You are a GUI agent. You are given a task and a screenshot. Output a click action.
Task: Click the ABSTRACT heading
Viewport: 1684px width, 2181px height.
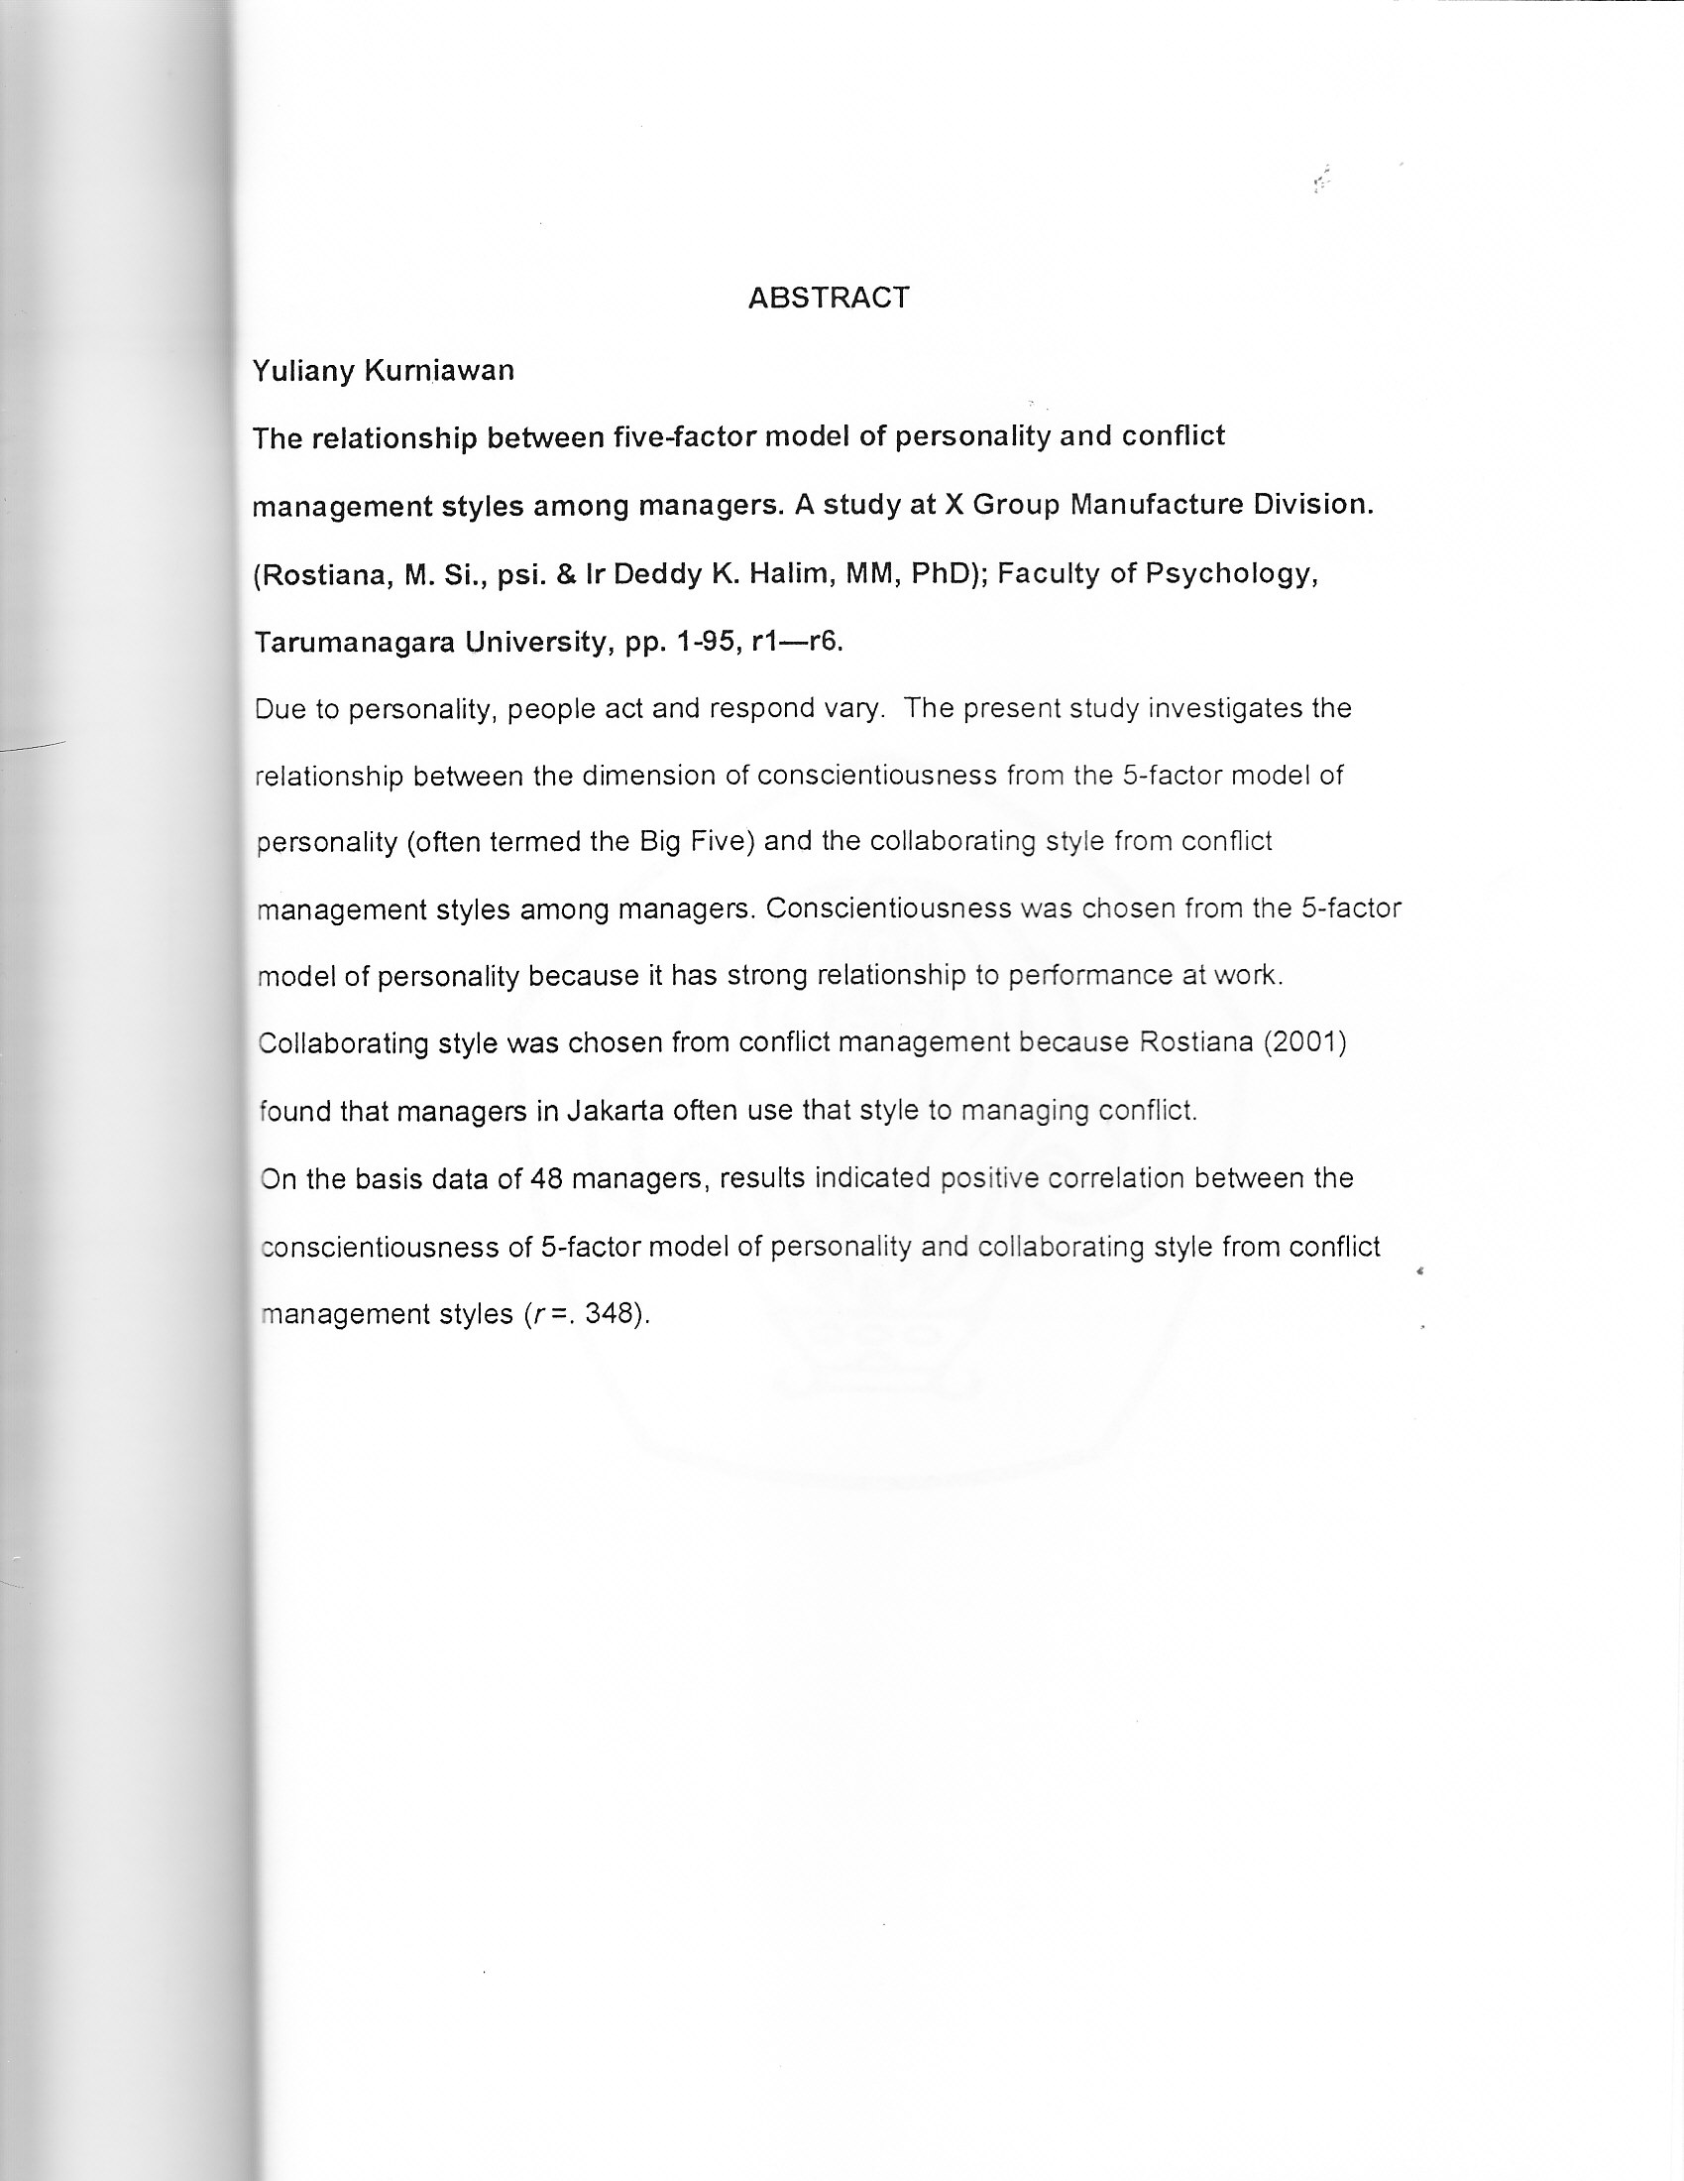pos(829,298)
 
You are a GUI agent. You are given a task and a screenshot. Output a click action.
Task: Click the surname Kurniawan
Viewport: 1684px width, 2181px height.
pos(439,371)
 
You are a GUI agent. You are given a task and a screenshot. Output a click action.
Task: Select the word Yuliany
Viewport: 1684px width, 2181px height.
pos(303,372)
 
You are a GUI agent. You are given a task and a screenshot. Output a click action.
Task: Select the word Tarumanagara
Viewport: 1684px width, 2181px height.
pos(356,642)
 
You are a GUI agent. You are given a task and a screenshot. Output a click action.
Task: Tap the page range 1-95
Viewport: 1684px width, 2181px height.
pos(708,642)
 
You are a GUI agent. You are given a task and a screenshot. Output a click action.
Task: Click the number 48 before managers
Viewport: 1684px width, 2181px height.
pos(548,1179)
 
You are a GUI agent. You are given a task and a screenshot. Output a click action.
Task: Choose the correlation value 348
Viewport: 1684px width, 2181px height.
pos(611,1314)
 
